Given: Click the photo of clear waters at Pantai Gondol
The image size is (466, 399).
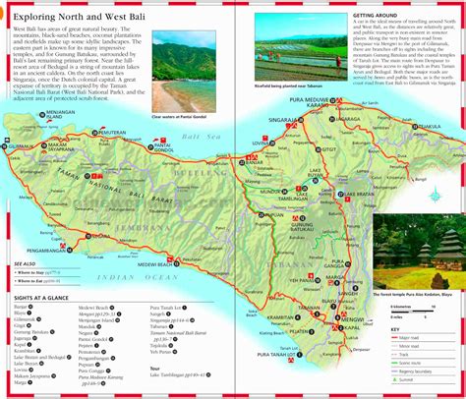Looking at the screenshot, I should pos(178,60).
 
